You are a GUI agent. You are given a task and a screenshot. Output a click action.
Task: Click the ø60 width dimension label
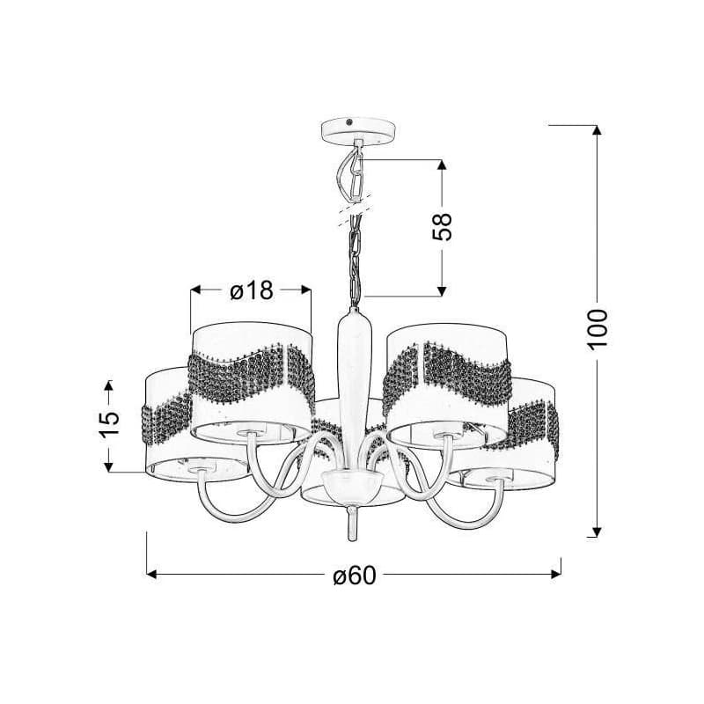pos(355,575)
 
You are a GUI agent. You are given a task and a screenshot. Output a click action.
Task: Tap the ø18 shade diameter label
pos(252,290)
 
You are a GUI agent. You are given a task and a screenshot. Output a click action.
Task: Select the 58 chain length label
pos(442,227)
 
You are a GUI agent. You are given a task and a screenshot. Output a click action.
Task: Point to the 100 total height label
pos(598,329)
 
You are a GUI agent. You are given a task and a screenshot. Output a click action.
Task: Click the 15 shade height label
pos(108,424)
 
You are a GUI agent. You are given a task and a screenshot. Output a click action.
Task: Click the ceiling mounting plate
pos(359,130)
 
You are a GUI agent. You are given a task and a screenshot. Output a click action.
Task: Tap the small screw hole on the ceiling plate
pos(349,121)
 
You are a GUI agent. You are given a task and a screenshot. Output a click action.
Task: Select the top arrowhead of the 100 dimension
pos(597,129)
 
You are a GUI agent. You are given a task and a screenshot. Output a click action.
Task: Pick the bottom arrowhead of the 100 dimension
pos(597,532)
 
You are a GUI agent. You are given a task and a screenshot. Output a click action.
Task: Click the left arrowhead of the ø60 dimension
pos(152,575)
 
